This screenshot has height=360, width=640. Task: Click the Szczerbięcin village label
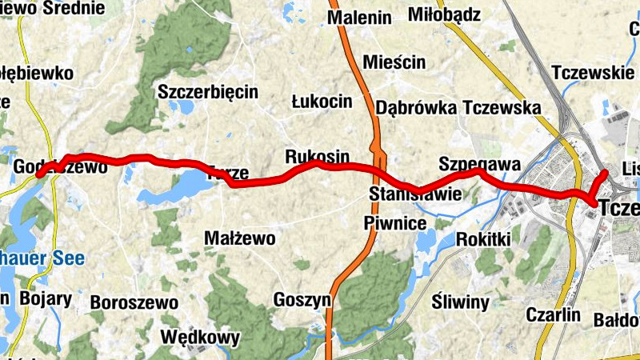point(208,91)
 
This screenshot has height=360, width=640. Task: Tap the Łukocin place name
point(322,101)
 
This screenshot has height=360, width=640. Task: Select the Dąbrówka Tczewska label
point(453,107)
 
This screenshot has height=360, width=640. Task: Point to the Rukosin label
point(317,155)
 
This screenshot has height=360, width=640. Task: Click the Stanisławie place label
point(414,194)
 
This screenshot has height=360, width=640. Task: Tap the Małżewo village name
point(240,238)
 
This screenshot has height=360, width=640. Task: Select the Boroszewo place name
point(134,302)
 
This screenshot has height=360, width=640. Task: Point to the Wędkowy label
point(200,337)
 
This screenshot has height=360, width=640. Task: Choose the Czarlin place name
point(554,314)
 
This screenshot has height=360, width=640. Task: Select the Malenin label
point(359,18)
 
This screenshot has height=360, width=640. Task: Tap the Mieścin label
point(394,62)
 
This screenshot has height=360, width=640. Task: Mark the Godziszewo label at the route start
point(50,167)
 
